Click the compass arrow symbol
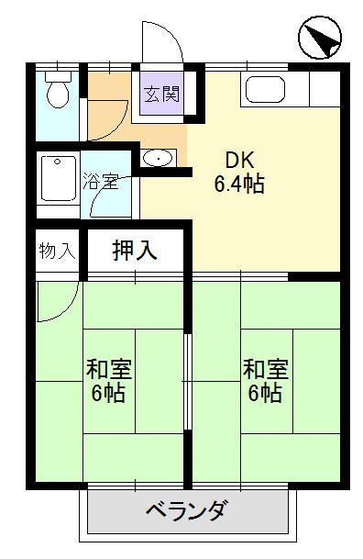[x=318, y=39]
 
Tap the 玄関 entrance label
[x=161, y=95]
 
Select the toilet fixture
[x=57, y=93]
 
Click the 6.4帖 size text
[x=239, y=184]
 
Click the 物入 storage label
[x=57, y=249]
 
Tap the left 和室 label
[x=109, y=370]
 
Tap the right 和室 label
[x=266, y=370]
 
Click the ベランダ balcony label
[x=186, y=510]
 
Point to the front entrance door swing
[x=161, y=43]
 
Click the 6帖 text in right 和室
[x=266, y=395]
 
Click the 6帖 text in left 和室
[x=109, y=395]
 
